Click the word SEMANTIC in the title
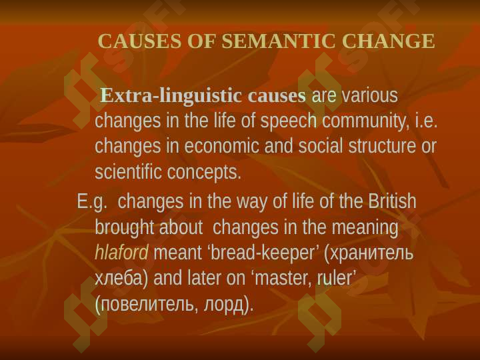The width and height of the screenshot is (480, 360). point(278,41)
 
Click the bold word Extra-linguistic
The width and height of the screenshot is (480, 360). point(171,96)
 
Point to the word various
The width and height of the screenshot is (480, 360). point(369,95)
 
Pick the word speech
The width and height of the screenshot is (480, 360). point(289,121)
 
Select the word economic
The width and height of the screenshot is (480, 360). point(221,146)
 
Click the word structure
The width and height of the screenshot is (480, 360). point(382,146)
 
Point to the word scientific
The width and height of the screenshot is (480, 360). point(128,172)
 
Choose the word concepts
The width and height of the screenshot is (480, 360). point(204,173)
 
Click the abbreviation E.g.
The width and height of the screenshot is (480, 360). point(92,202)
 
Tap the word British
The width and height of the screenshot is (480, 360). point(392,201)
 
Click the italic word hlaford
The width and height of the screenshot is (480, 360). point(121,253)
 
